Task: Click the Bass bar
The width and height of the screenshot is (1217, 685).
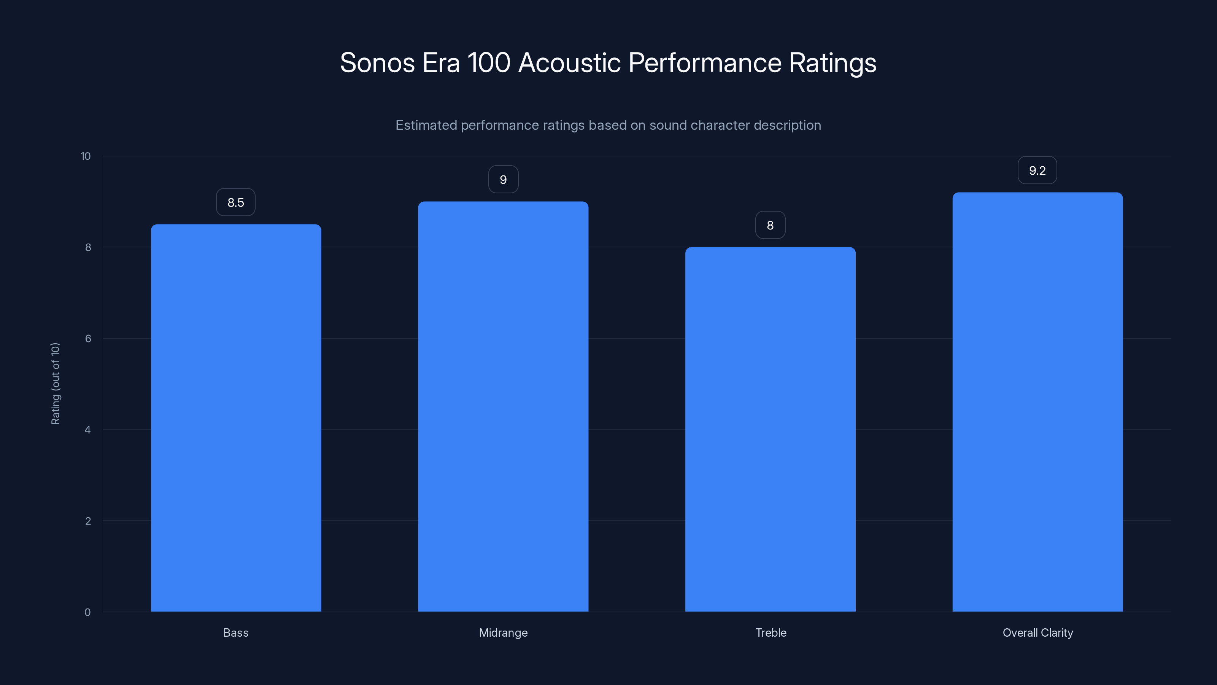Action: pos(236,418)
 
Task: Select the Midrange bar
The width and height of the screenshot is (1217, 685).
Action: pos(503,406)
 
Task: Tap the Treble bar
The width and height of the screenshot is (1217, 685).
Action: pos(770,429)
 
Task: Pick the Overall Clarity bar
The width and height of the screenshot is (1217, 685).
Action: pos(1037,402)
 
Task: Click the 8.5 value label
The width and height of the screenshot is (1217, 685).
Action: pos(236,202)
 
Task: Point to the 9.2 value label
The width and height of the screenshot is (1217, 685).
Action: pos(1037,170)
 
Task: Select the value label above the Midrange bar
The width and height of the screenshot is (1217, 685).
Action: pos(503,180)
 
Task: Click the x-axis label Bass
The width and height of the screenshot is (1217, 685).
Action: pos(236,632)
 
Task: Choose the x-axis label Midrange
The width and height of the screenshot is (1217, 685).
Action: pos(503,632)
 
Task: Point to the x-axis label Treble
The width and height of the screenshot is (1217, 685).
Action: pos(771,632)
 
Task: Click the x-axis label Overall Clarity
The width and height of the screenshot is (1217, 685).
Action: pos(1037,632)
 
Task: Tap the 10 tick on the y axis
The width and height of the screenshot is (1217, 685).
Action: pos(86,156)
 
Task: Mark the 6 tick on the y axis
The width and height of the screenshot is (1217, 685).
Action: pos(88,338)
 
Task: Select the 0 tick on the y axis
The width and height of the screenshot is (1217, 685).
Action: pos(87,612)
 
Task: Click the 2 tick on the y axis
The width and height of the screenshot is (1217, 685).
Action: pos(88,521)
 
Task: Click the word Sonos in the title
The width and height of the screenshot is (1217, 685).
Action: pos(377,63)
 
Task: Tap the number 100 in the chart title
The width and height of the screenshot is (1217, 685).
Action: pos(488,63)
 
